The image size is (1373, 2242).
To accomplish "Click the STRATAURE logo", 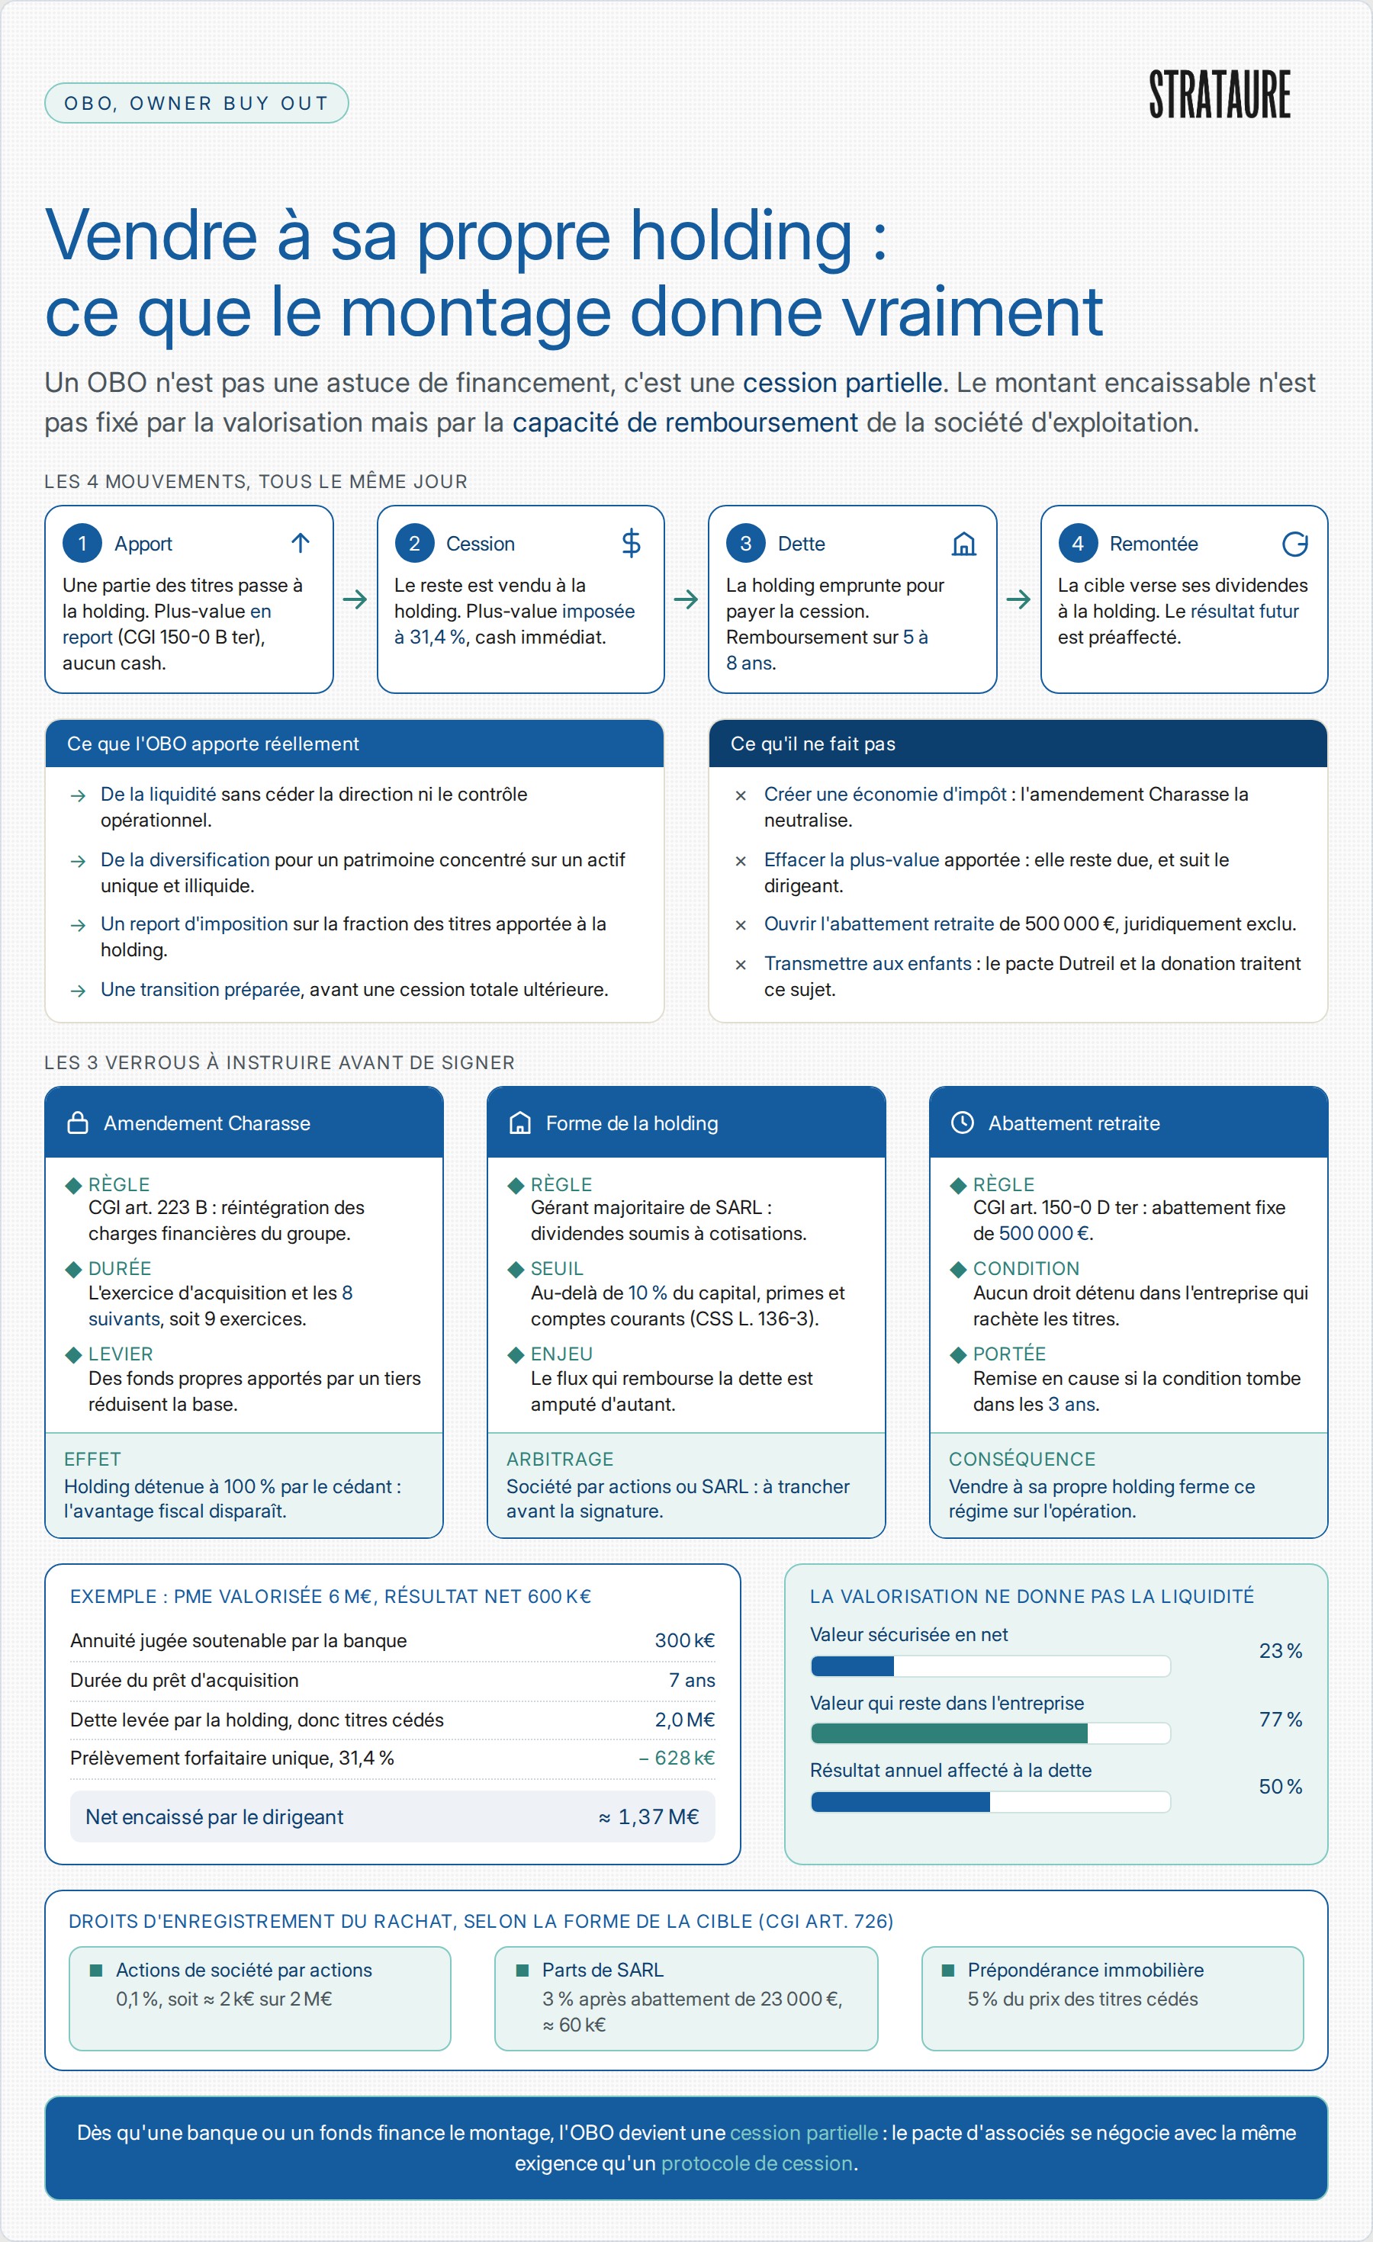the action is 1219,94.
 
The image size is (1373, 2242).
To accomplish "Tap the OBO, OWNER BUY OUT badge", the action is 197,103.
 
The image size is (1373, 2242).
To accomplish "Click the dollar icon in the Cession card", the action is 631,543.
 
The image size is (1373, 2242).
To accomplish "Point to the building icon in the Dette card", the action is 963,543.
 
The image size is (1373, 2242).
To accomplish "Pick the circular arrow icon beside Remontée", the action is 1294,543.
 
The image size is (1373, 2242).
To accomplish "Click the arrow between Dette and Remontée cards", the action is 1018,599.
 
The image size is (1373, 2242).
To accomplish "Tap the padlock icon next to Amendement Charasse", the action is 79,1123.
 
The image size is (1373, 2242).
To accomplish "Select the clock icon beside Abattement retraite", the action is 962,1123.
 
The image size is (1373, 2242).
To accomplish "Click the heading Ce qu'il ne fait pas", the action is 812,744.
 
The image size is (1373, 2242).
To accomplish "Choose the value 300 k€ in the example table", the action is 684,1640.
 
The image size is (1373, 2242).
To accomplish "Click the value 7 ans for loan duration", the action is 692,1680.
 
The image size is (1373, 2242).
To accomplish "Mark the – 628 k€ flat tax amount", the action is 676,1757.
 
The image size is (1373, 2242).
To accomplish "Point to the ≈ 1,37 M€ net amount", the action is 648,1816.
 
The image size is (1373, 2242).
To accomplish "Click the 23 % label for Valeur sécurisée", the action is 1280,1650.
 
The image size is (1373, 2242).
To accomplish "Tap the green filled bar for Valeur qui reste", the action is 949,1733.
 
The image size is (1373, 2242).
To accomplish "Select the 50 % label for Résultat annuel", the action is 1280,1786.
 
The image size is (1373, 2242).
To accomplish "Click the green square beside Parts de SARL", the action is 523,1970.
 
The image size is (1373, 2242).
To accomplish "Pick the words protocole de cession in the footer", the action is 757,2163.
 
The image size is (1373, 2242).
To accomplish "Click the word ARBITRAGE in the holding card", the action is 560,1459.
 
